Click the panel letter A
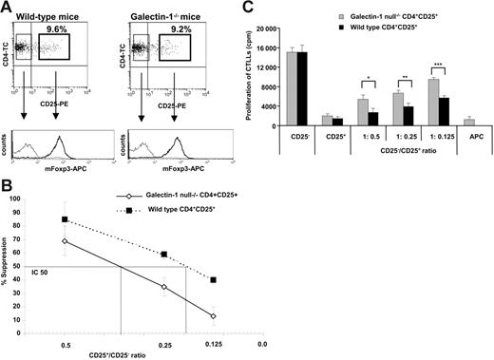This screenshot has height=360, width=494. click(8, 8)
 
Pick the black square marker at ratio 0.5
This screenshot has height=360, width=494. click(65, 219)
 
